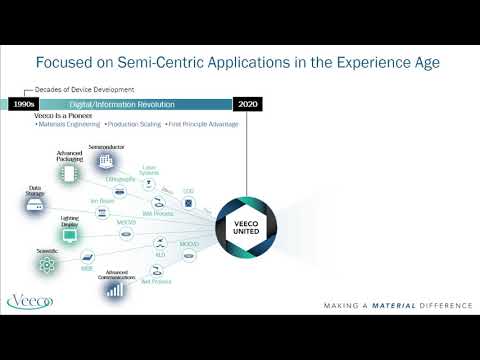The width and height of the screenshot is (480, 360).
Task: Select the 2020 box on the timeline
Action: pos(246,104)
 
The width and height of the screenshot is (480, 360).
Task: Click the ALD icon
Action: pos(160,243)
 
